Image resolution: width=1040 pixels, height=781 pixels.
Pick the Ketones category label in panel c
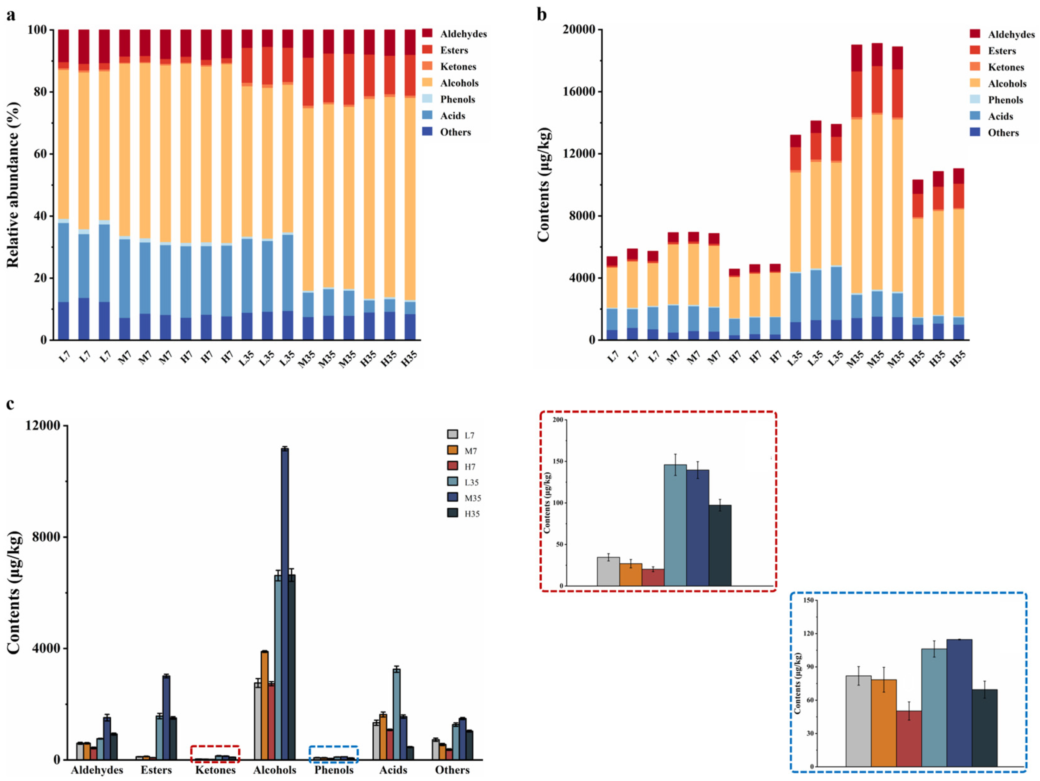click(x=215, y=770)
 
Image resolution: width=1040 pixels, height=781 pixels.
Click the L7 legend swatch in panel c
click(x=452, y=434)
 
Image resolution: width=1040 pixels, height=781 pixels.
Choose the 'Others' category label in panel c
click(x=452, y=770)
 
